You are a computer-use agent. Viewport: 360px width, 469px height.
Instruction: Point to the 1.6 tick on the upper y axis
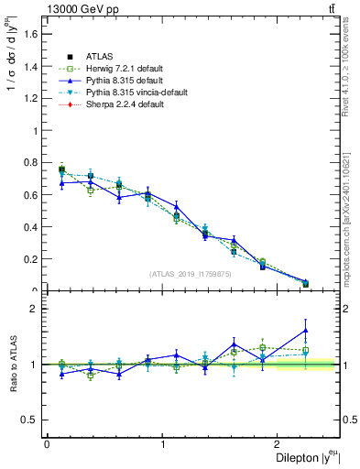(x=31, y=34)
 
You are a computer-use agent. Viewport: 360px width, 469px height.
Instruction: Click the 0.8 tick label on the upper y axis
(x=31, y=163)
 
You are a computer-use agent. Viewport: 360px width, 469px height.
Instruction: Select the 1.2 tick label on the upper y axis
(x=31, y=98)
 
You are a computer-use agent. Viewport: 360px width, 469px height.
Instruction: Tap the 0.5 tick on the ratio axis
(x=31, y=420)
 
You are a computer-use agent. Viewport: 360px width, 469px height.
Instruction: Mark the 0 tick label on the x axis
(x=47, y=444)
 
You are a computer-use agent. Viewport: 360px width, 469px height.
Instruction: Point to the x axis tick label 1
(x=163, y=444)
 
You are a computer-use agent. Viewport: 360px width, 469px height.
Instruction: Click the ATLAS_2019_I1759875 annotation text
(x=191, y=274)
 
